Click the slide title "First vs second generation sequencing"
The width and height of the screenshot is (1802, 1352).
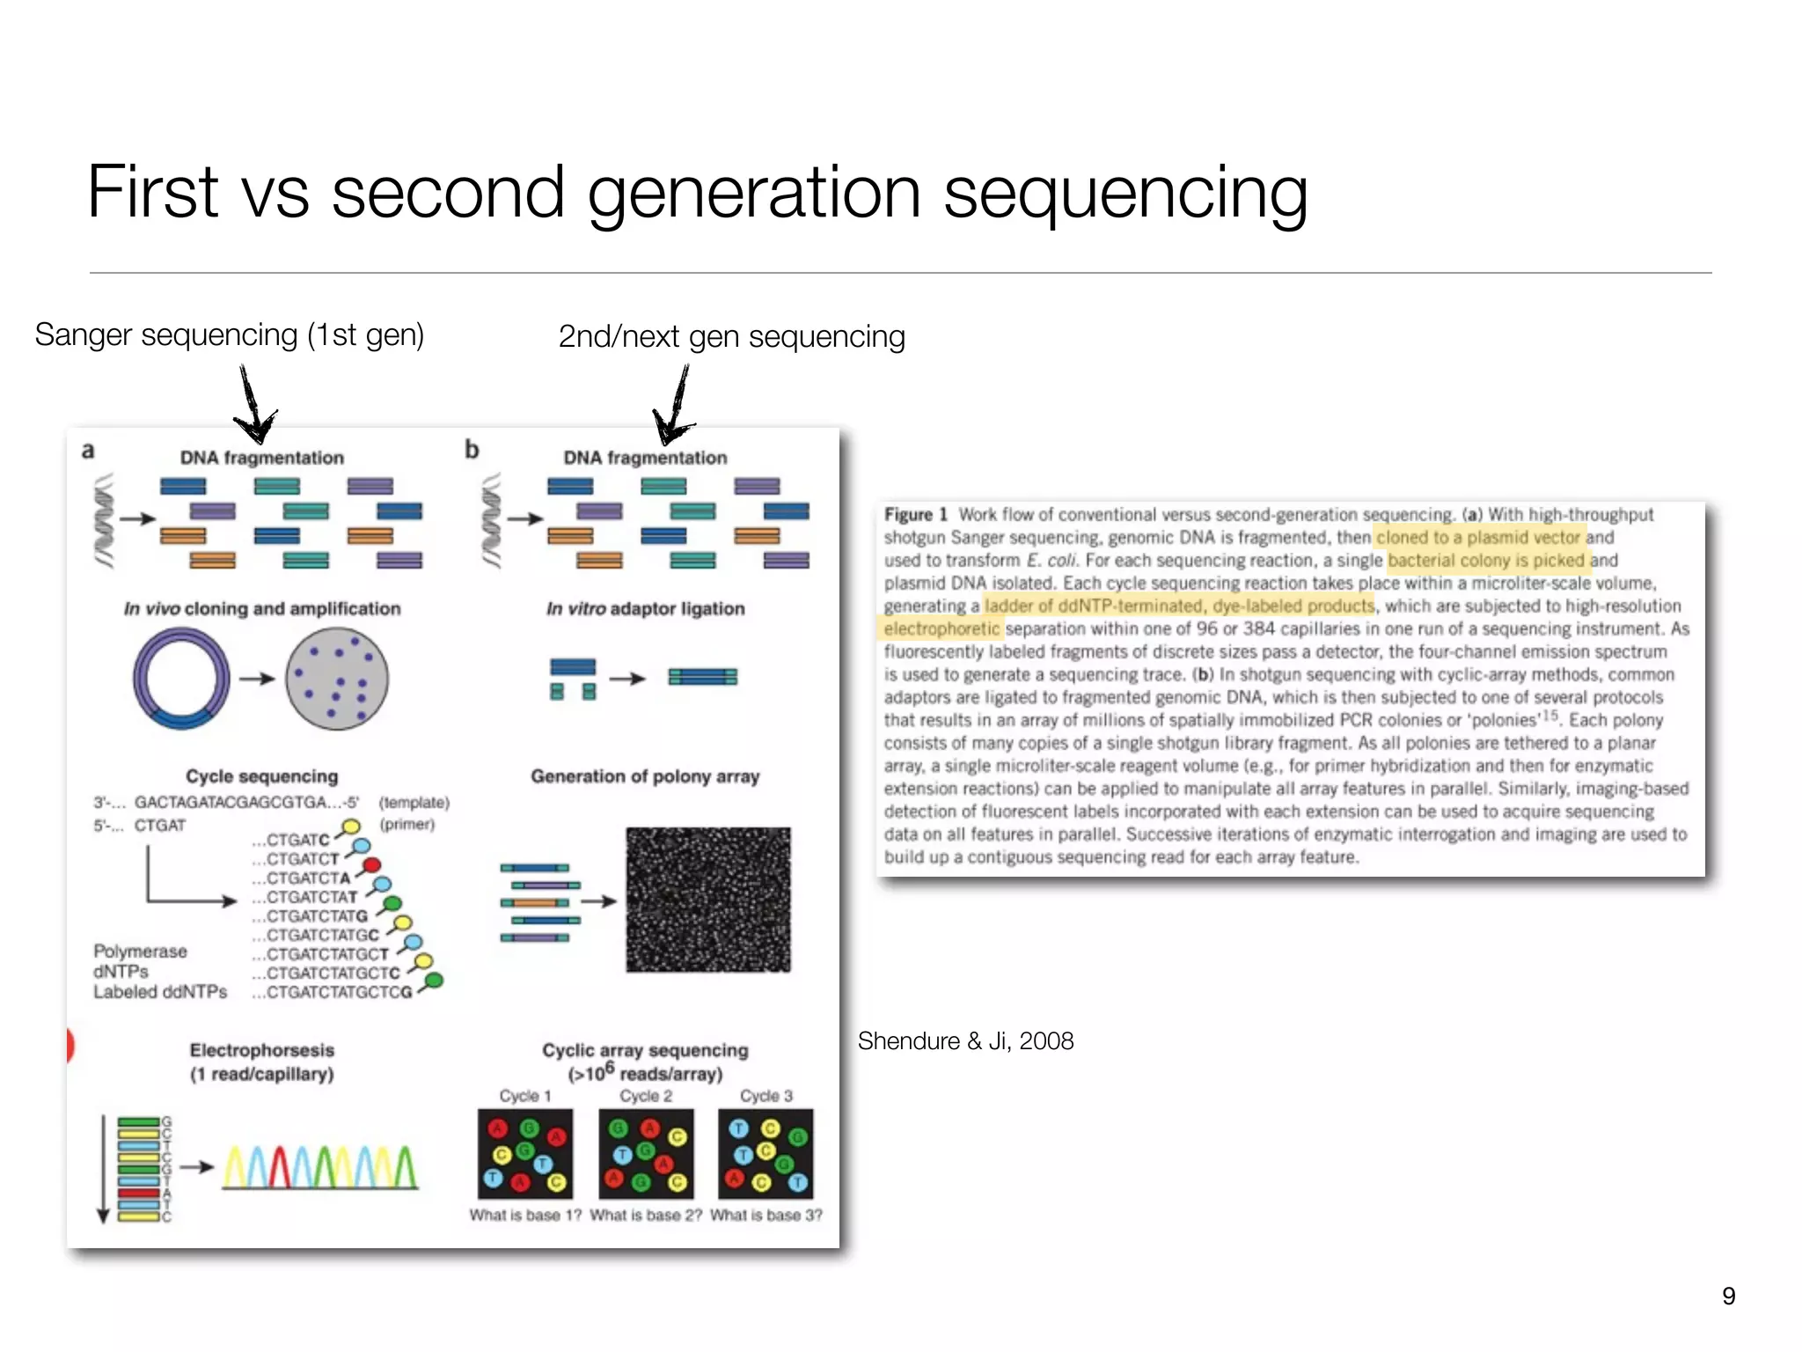[697, 193]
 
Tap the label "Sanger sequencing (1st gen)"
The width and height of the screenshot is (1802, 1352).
[230, 335]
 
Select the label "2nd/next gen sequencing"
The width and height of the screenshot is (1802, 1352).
[731, 337]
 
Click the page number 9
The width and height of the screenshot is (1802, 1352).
[1728, 1296]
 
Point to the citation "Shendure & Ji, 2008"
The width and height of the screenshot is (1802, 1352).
[965, 1041]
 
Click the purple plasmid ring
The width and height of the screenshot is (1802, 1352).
[181, 679]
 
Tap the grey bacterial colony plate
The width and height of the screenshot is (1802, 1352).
[336, 679]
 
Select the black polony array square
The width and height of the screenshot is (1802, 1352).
[708, 900]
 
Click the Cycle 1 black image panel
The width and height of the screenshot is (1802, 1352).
[525, 1153]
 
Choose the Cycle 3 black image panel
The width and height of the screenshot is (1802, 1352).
[765, 1153]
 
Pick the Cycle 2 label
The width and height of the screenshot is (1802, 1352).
[646, 1096]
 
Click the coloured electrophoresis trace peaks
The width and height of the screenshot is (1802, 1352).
[319, 1167]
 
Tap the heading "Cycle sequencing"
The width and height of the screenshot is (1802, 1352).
[261, 776]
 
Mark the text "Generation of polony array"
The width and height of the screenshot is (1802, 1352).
[645, 776]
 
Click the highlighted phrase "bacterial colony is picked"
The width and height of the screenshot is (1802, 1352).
[1486, 561]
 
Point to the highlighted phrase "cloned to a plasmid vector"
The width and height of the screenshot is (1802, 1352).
[1478, 538]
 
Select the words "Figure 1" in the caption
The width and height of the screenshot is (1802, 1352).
[915, 515]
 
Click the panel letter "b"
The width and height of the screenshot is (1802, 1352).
[472, 450]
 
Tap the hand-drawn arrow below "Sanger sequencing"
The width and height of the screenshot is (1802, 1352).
[254, 407]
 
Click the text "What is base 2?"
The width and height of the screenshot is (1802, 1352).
[646, 1216]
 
